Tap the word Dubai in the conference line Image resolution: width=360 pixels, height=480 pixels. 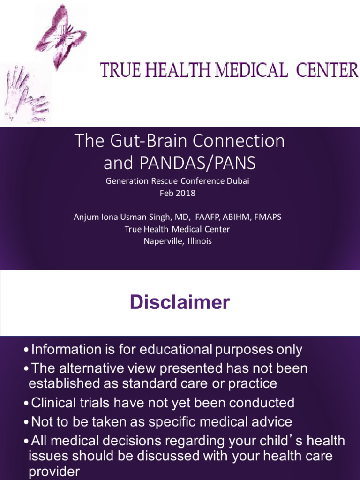tap(238, 181)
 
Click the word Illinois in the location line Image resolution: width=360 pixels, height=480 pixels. tap(199, 241)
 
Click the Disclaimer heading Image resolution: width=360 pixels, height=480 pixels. tap(180, 302)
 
